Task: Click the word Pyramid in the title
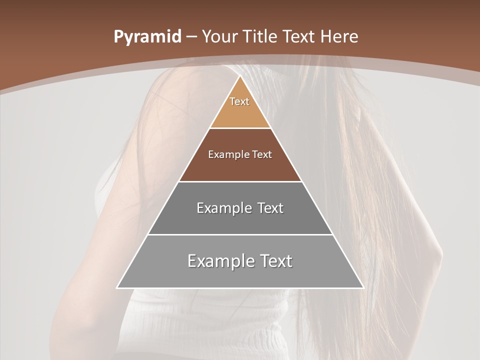147,36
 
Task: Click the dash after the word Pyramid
191,37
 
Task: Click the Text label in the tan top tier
239,101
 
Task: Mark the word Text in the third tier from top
270,208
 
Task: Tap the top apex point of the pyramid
240,76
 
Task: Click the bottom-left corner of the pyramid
117,288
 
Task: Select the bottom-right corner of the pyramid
363,288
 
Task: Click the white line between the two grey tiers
240,234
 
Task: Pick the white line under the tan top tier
240,128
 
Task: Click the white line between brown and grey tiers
240,181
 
